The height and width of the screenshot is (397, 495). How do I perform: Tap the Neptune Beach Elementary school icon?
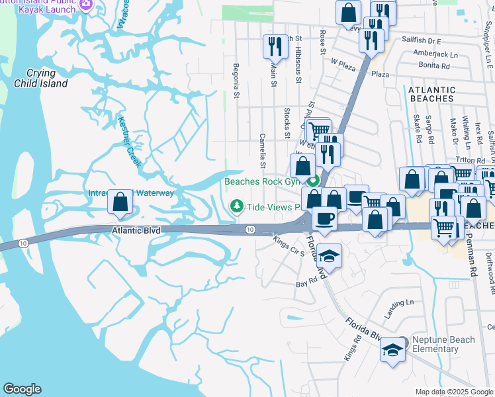[392, 349]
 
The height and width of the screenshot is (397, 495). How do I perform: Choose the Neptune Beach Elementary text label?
[443, 344]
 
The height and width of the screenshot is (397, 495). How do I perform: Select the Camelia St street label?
[263, 155]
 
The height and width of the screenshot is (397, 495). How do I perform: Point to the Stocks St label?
[287, 123]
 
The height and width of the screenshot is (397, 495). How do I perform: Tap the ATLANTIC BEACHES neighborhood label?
[431, 94]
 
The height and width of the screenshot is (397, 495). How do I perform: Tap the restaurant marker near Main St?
[273, 46]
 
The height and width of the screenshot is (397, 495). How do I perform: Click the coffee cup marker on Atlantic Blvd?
[324, 219]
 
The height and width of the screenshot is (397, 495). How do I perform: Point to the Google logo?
[22, 389]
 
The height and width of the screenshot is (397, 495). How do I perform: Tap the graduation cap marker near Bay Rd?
[328, 256]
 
